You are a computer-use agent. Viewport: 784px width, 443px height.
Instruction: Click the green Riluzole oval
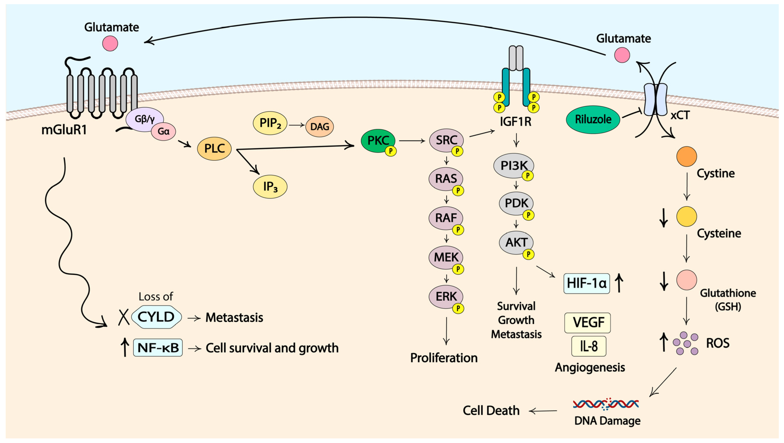[593, 120]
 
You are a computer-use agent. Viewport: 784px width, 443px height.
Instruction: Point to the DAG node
[320, 127]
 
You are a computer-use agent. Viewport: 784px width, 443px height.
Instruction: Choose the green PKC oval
[378, 141]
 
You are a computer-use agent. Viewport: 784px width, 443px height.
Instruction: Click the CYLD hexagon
[156, 317]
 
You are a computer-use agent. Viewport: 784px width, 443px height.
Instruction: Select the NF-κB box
[158, 347]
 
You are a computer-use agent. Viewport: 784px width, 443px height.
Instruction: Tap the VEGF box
[588, 323]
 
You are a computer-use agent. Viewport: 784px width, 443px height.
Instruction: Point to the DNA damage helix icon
[606, 404]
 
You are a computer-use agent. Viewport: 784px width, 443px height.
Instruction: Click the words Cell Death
[491, 411]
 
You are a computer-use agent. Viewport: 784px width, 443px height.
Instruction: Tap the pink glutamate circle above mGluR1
[110, 43]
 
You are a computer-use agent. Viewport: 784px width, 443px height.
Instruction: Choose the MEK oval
[446, 257]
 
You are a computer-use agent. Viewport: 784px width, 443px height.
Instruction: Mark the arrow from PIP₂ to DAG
[297, 125]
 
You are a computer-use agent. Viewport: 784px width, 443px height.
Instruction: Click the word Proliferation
[444, 358]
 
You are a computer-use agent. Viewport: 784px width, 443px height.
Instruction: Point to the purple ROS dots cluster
[685, 343]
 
